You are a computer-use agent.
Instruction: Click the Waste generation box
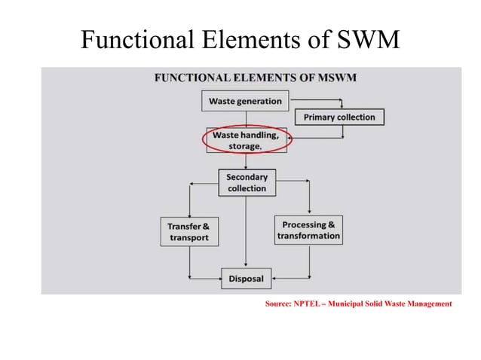pos(245,101)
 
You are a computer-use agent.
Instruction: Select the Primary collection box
pos(339,117)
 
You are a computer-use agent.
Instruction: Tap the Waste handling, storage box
pos(245,140)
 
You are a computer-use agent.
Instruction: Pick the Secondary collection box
pos(247,182)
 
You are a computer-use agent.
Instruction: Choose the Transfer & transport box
pos(188,231)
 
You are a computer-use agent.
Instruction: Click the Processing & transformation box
pos(308,230)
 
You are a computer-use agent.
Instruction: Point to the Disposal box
pos(246,279)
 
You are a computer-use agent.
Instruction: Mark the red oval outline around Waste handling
pos(206,140)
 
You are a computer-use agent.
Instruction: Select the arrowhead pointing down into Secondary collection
pos(247,166)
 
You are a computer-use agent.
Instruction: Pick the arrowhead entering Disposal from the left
pos(217,279)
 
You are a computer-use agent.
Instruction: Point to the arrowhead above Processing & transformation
pos(309,211)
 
